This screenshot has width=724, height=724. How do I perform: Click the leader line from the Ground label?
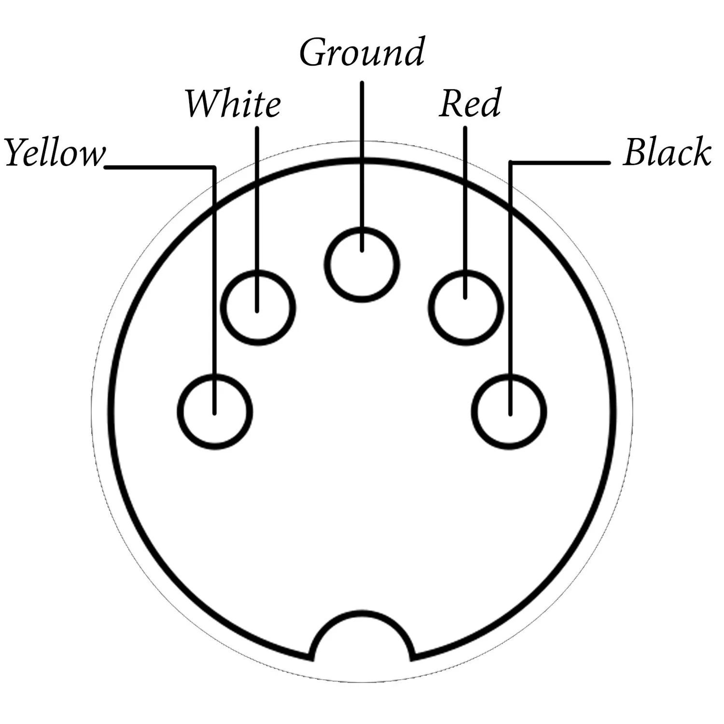[x=362, y=167]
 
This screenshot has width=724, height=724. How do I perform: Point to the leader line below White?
[x=257, y=220]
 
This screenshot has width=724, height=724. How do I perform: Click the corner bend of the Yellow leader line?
[x=214, y=168]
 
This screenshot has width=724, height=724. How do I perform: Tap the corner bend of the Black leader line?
[x=511, y=163]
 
